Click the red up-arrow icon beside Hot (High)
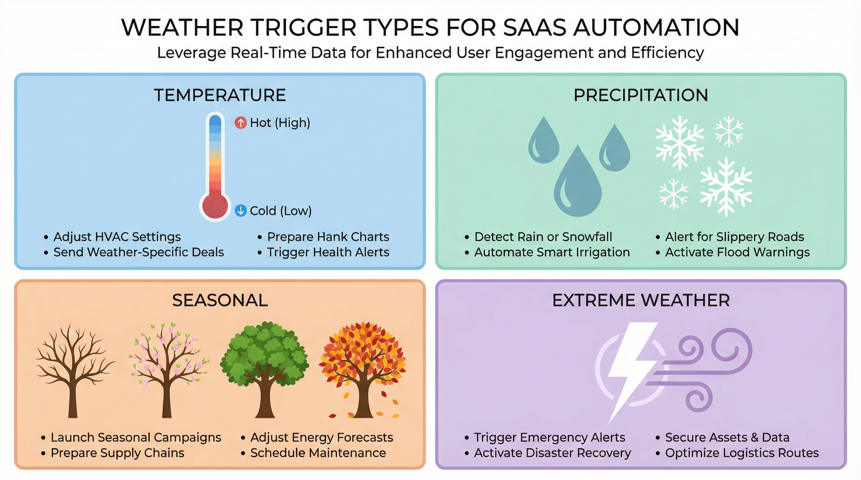pos(240,123)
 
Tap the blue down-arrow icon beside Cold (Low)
pos(240,211)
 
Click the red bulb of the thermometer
pos(215,206)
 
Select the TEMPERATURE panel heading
pos(220,95)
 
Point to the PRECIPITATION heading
pos(641,95)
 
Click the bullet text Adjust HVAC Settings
pos(117,237)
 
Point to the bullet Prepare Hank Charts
pos(328,237)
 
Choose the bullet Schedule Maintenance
pos(318,452)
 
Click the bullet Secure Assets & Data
pos(727,437)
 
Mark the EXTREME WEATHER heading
pos(641,300)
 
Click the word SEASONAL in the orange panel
pos(220,300)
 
